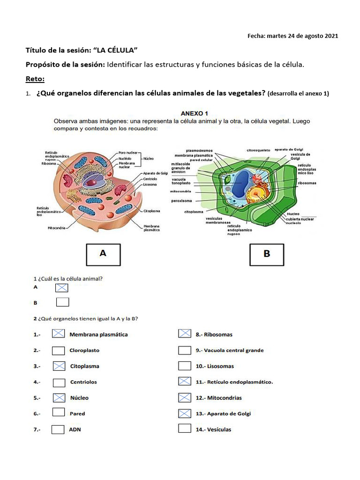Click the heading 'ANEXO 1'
(x=195, y=113)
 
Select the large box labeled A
(x=103, y=254)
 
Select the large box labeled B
(x=267, y=254)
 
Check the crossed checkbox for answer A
(x=62, y=287)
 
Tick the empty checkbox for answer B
(x=62, y=302)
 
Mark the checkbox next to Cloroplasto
(x=59, y=350)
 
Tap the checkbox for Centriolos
(x=59, y=382)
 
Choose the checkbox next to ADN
(x=58, y=429)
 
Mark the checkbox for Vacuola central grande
(x=185, y=350)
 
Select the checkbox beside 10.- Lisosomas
(x=185, y=366)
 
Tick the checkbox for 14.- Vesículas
(x=185, y=429)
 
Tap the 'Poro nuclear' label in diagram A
(x=128, y=152)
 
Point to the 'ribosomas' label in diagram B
(x=307, y=183)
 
